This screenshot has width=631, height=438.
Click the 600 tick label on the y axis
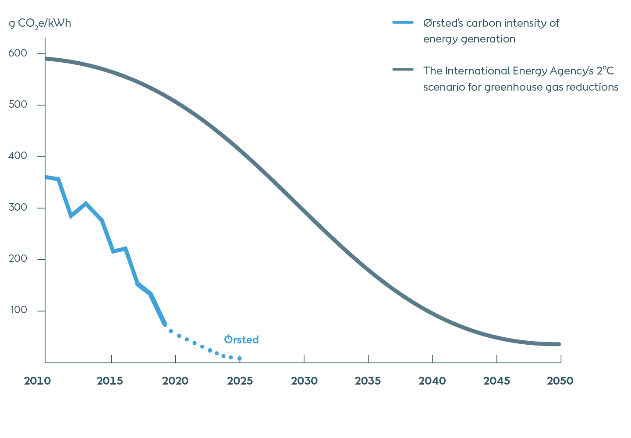pos(18,53)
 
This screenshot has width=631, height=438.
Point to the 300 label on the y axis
pos(18,207)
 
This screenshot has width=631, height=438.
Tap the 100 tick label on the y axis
pos(19,310)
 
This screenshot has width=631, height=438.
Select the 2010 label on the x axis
pos(37,381)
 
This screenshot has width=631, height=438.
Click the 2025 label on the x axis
pos(240,381)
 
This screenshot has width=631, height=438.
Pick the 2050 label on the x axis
pos(560,381)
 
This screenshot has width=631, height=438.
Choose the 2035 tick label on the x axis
pos(368,381)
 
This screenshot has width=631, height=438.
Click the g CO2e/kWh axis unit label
pos(40,24)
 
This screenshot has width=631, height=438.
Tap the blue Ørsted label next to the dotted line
pos(241,339)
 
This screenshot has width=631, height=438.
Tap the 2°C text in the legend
pos(605,71)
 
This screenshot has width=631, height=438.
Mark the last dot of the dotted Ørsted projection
pos(239,359)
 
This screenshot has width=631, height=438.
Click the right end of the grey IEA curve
pos(559,344)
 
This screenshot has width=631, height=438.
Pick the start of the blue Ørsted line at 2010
pos(46,177)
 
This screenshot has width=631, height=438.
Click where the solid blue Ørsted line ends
pos(165,324)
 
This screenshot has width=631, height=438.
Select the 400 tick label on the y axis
pos(18,156)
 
